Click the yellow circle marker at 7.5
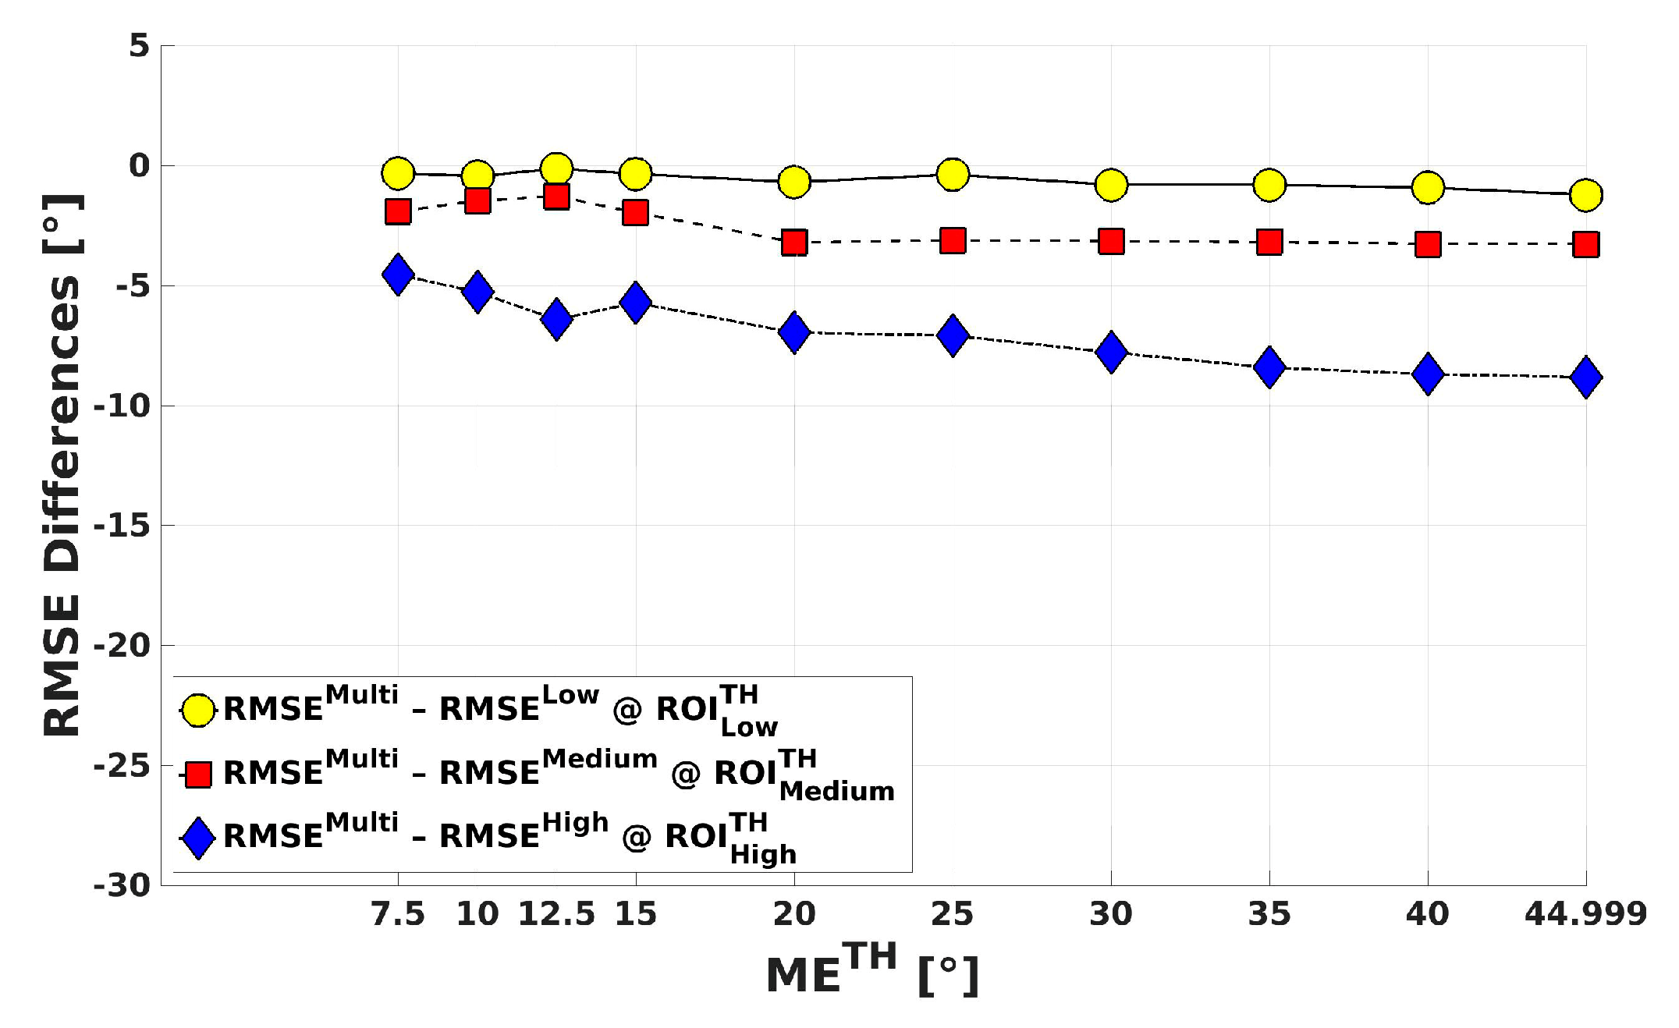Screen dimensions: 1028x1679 pyautogui.click(x=398, y=173)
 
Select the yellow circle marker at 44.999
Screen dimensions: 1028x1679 pyautogui.click(x=1585, y=194)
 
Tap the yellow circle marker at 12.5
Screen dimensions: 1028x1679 pyautogui.click(x=556, y=168)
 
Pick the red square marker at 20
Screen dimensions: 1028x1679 pyautogui.click(x=794, y=243)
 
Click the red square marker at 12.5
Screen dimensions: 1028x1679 pyautogui.click(x=556, y=196)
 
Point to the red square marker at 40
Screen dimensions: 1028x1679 pyautogui.click(x=1428, y=245)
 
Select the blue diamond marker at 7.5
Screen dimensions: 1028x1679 pyautogui.click(x=398, y=274)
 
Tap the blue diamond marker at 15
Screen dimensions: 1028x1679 pyautogui.click(x=636, y=303)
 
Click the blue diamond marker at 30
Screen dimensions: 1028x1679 pyautogui.click(x=1111, y=352)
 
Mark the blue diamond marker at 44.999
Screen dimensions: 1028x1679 pyautogui.click(x=1585, y=378)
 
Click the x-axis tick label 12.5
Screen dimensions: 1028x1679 pyautogui.click(x=556, y=914)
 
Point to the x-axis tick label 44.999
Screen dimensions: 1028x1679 pyautogui.click(x=1585, y=914)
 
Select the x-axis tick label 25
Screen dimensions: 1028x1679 pyautogui.click(x=953, y=914)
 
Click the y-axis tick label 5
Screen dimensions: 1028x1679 pyautogui.click(x=139, y=46)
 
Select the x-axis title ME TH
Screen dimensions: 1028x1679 pyautogui.click(x=871, y=970)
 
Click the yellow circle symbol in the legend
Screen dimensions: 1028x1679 pyautogui.click(x=198, y=710)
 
